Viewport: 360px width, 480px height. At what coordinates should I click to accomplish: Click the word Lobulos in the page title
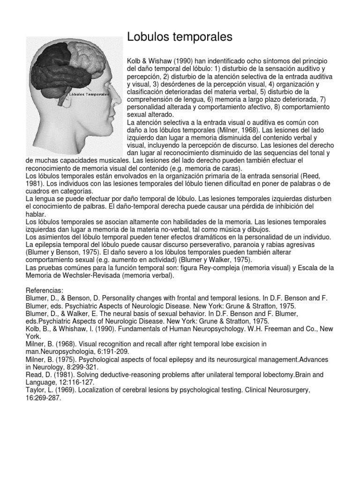(x=147, y=37)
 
